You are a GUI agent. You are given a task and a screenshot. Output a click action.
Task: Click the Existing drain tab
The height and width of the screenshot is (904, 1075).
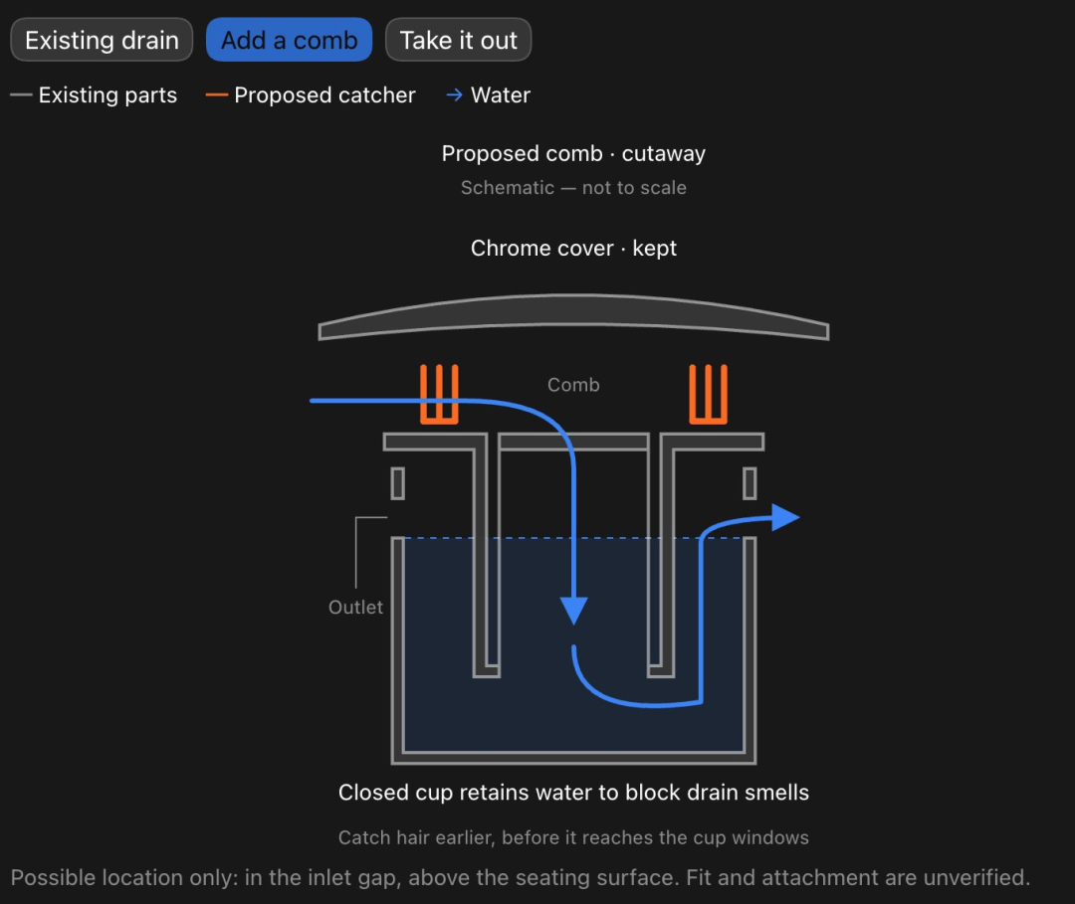[102, 40]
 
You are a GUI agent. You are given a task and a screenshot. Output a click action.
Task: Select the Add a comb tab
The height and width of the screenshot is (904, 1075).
[289, 40]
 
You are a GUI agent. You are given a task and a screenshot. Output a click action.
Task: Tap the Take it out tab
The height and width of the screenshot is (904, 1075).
[458, 40]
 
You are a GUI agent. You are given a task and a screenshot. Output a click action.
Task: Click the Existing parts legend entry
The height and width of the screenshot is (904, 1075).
[94, 94]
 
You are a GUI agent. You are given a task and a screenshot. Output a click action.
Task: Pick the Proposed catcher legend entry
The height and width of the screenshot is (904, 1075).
[311, 94]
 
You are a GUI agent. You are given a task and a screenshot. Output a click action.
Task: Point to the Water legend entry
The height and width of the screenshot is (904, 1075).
[488, 94]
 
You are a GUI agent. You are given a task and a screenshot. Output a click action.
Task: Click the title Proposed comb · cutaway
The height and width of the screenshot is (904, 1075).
[573, 153]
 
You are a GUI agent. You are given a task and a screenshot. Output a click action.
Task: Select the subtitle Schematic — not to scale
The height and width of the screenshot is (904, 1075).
[573, 188]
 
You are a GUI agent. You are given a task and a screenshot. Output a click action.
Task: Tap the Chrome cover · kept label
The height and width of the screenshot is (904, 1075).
[573, 248]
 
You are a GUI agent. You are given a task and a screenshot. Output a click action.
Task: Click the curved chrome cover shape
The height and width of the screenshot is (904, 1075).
[573, 309]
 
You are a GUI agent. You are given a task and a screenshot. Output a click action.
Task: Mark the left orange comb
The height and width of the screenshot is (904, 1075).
[439, 395]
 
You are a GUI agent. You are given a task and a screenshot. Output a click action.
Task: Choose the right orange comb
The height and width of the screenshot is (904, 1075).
[709, 395]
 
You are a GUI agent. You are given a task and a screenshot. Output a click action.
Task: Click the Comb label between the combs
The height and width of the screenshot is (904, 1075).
[573, 385]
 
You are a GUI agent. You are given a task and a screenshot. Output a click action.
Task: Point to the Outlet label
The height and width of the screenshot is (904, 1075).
[355, 608]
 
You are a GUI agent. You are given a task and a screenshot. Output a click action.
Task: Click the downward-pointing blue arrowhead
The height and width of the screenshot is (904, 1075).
[574, 611]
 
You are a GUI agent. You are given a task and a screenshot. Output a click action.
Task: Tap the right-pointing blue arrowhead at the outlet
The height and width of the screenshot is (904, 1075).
[785, 518]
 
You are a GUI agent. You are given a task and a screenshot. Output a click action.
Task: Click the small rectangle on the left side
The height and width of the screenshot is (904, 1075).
[397, 483]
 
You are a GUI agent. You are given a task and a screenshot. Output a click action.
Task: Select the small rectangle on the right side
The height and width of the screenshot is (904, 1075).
[751, 483]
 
